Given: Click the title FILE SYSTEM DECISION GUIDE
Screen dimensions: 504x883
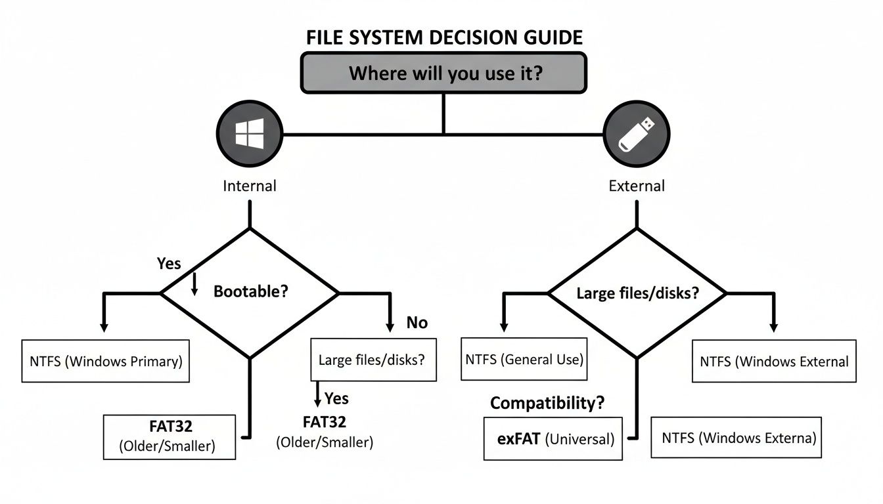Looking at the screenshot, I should (x=444, y=37).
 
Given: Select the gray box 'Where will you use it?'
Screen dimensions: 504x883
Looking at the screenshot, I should (x=444, y=72).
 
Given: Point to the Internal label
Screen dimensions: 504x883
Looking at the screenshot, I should (x=250, y=186).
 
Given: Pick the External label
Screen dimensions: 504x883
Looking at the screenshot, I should (x=636, y=186).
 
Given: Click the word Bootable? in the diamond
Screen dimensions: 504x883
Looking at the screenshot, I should (x=251, y=291).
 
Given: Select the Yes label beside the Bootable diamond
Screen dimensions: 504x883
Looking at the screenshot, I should (x=169, y=263).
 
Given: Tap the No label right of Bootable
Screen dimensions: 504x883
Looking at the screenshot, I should (x=417, y=322).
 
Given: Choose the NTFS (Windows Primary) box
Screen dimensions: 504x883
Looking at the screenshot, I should (x=106, y=361).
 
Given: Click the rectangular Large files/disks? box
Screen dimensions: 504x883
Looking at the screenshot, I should (x=373, y=360).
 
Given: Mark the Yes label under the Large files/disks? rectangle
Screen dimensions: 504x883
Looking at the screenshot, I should (x=336, y=398).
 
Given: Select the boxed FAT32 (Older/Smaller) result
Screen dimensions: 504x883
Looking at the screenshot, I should (x=169, y=436).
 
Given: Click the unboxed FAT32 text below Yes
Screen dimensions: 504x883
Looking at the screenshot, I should (x=325, y=421).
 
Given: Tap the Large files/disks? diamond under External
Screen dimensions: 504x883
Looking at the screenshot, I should (x=637, y=293).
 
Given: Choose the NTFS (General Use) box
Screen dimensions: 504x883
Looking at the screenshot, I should (x=524, y=359).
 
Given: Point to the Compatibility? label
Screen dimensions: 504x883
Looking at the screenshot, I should (x=547, y=403).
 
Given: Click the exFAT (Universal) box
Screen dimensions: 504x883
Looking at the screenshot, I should (x=553, y=438).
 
